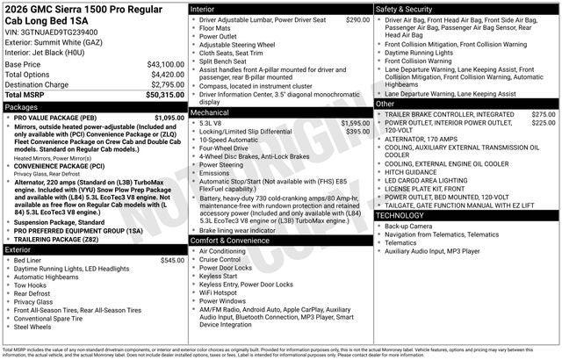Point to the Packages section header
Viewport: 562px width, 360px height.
click(22, 107)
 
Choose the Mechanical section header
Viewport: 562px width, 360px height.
click(210, 113)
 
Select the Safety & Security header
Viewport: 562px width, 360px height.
click(404, 9)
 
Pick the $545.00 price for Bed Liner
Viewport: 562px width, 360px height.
click(172, 261)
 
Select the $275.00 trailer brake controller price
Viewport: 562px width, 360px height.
click(544, 114)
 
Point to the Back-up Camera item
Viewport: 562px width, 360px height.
click(409, 226)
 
